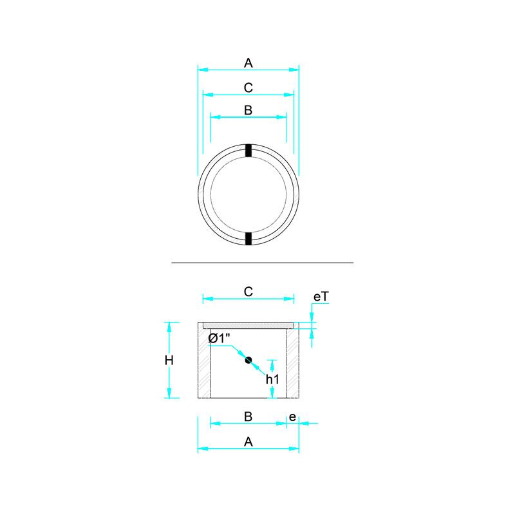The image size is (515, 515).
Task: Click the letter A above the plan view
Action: pos(248,62)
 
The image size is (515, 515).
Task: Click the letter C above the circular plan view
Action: pos(248,87)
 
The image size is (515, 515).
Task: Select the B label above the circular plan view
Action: pos(248,110)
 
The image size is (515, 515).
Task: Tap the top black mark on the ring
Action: pos(248,150)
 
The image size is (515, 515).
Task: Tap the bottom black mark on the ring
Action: pos(248,239)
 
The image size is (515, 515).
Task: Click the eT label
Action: pos(321,296)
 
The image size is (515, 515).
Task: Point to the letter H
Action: pos(169,360)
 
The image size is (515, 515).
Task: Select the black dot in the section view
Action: pos(248,360)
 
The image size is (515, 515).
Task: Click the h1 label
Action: pos(272,379)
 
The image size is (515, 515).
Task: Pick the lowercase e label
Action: pos(292,417)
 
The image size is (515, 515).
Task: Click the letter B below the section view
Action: pos(248,417)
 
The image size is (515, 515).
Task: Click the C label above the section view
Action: pos(248,292)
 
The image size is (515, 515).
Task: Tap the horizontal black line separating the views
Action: pos(263,263)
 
